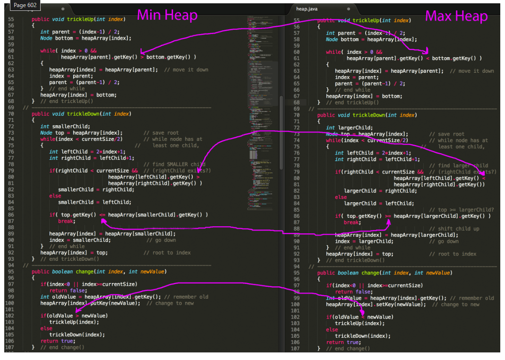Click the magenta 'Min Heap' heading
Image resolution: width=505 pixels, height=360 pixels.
pyautogui.click(x=167, y=15)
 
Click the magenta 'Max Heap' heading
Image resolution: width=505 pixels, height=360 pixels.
pyautogui.click(x=456, y=16)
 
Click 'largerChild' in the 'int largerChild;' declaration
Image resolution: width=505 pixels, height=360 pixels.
pyautogui.click(x=355, y=128)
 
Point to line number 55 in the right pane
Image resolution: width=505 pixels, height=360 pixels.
pyautogui.click(x=297, y=20)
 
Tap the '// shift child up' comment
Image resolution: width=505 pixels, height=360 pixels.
pyautogui.click(x=458, y=229)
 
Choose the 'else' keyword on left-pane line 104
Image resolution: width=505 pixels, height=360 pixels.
pyautogui.click(x=46, y=328)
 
